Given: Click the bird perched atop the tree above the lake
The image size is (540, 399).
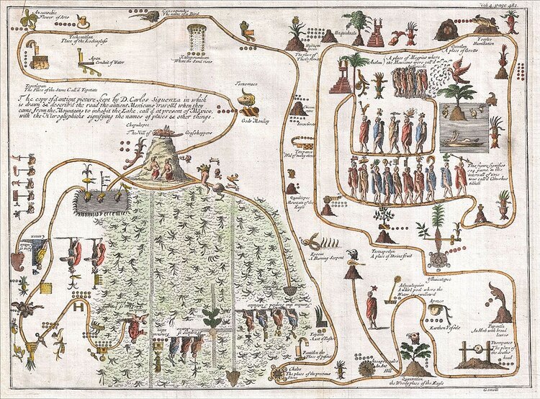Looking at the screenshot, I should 459,71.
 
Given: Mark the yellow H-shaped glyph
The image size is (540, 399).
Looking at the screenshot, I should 76,308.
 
